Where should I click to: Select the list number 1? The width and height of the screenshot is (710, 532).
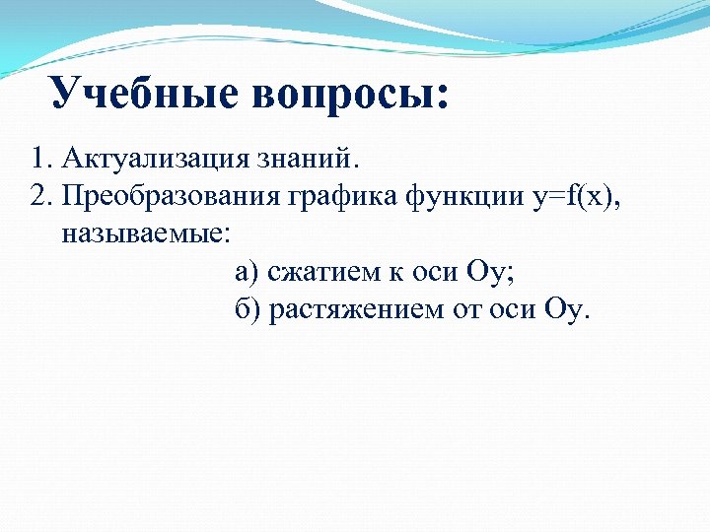[38, 158]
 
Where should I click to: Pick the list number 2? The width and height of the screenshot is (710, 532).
[38, 195]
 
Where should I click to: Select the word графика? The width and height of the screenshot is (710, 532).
[342, 196]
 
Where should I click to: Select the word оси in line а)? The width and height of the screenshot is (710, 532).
[433, 272]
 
